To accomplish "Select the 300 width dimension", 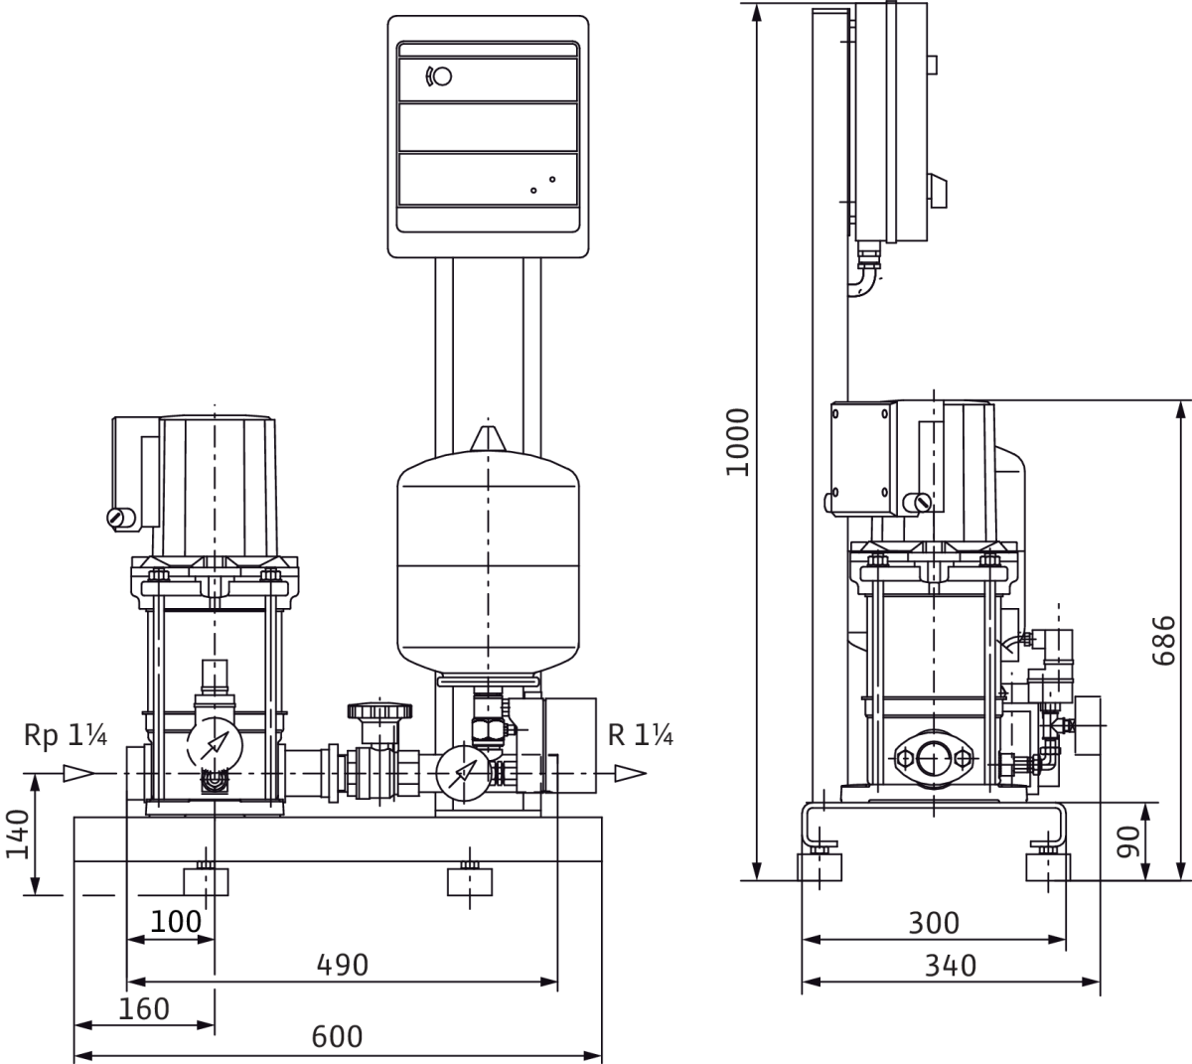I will coord(934,923).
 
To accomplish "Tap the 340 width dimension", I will coord(950,965).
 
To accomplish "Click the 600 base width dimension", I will coord(338,1036).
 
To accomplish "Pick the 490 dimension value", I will coord(342,964).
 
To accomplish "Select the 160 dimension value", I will coord(144,1008).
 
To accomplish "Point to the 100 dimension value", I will coord(176,921).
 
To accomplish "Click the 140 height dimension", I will coord(18,836).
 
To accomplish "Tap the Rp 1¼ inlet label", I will coord(67,735).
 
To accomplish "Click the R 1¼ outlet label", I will coord(641,735).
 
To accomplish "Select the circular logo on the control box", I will coord(438,76).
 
